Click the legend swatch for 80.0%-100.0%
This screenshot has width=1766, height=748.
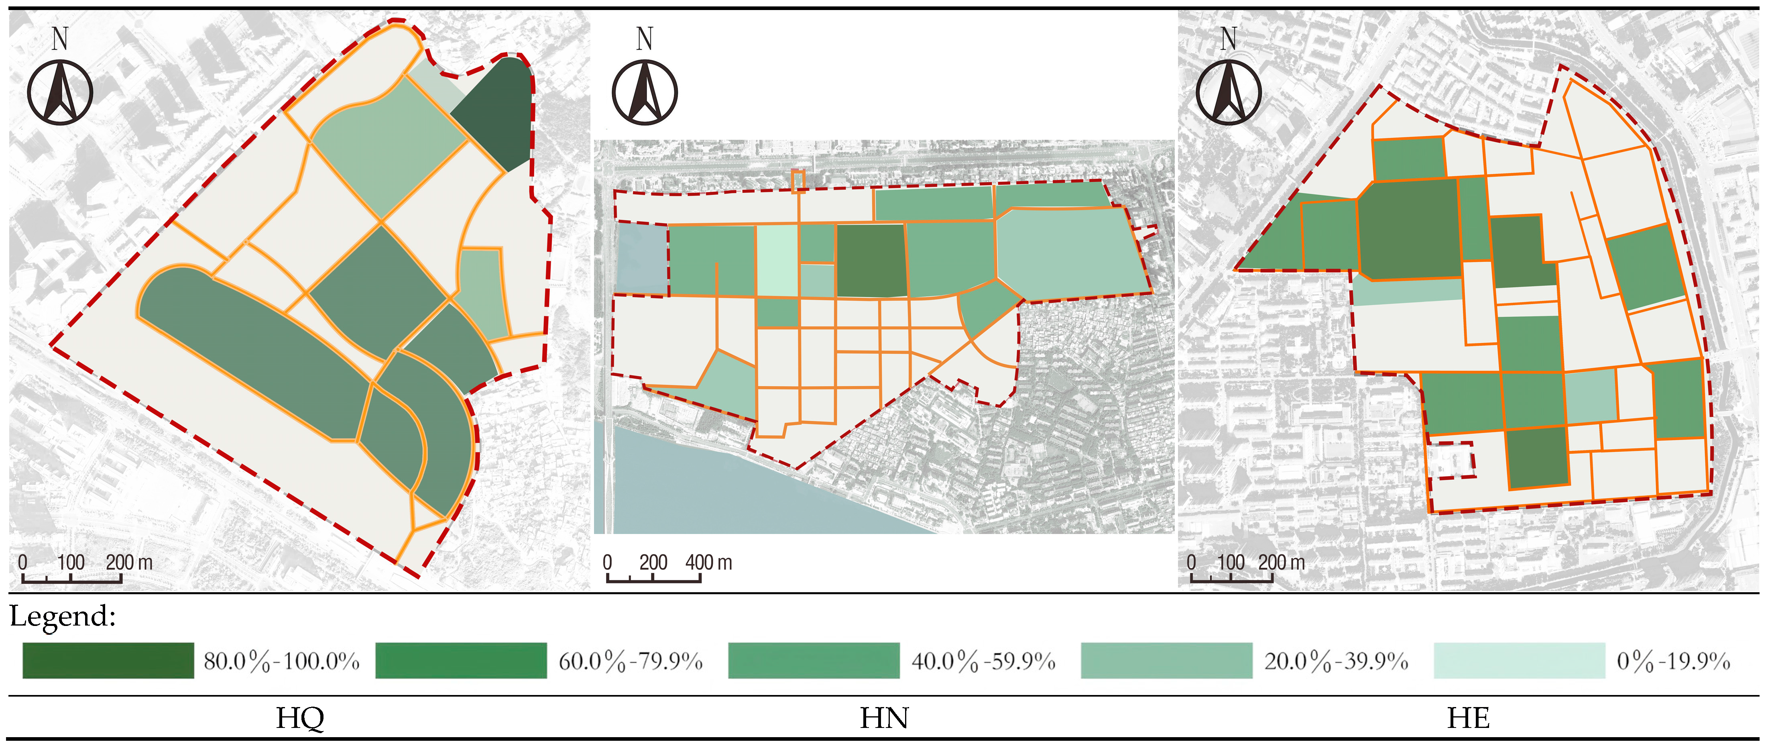tap(108, 660)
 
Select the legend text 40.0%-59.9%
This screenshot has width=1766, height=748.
tap(983, 662)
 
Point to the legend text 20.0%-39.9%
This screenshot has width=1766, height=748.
tap(1336, 662)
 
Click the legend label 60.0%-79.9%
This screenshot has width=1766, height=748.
tap(631, 662)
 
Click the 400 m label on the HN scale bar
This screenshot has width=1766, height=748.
tap(708, 563)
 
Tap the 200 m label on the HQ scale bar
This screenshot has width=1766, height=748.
tap(129, 563)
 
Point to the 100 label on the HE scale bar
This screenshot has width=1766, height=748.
tap(1231, 563)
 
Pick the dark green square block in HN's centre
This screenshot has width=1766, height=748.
tap(871, 261)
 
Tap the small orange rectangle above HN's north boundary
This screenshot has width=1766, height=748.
tap(797, 181)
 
